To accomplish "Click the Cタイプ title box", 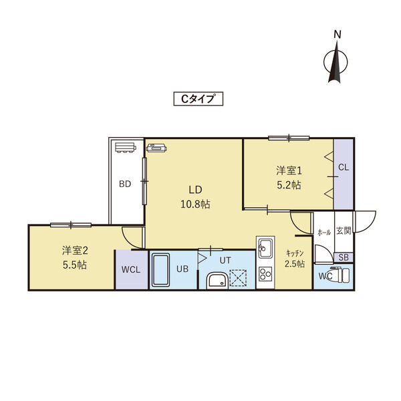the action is click(x=198, y=99).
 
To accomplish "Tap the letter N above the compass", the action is click(x=338, y=35).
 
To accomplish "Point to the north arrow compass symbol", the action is click(x=336, y=62).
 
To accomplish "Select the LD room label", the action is click(x=195, y=190).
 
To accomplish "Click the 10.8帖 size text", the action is click(x=195, y=205).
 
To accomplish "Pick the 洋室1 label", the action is click(x=289, y=170).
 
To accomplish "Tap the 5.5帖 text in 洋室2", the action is click(x=75, y=265).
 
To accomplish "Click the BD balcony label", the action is click(x=125, y=184).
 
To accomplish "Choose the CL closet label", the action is click(x=344, y=167).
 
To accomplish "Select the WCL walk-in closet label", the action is click(x=131, y=269).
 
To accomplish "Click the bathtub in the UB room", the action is click(x=160, y=270).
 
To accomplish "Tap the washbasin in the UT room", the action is click(x=217, y=281).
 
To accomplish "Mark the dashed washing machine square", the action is click(x=238, y=277).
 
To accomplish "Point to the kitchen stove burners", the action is click(x=265, y=274).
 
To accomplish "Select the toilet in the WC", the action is click(x=340, y=275).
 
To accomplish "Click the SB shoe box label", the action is click(x=344, y=257).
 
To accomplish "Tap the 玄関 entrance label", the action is click(x=344, y=231).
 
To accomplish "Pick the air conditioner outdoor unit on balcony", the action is click(x=126, y=148).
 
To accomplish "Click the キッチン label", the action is click(x=295, y=253).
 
